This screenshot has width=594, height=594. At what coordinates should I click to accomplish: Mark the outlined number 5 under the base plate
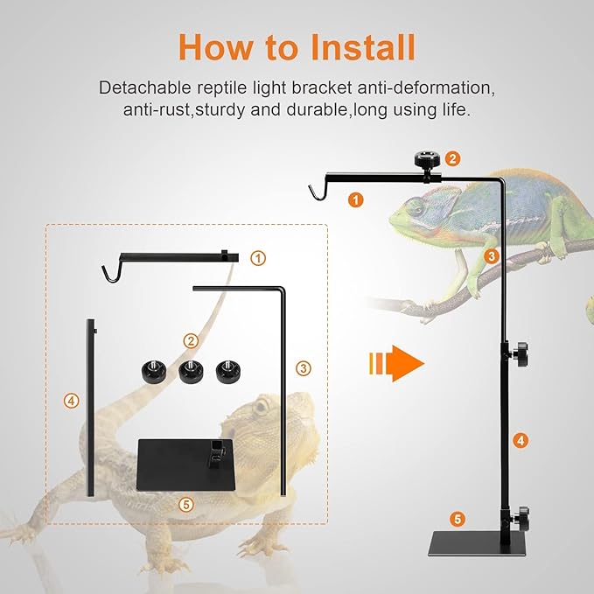[x=185, y=504]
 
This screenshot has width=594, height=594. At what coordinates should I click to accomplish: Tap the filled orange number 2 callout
[x=452, y=158]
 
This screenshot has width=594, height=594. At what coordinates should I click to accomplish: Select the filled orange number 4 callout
[x=521, y=440]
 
